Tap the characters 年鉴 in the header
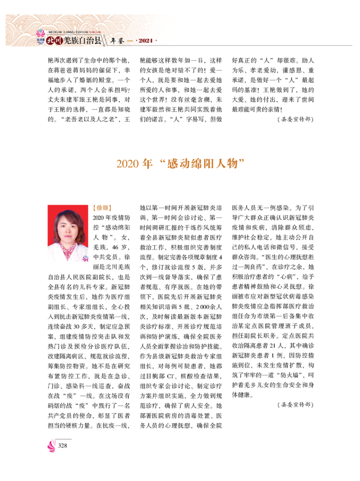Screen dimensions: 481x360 [x=117, y=41]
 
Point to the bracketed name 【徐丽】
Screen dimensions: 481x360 [x=100, y=208]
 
